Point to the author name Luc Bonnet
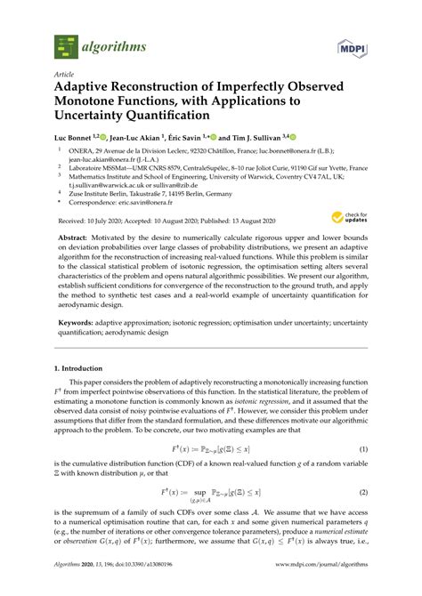[x=75, y=139]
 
